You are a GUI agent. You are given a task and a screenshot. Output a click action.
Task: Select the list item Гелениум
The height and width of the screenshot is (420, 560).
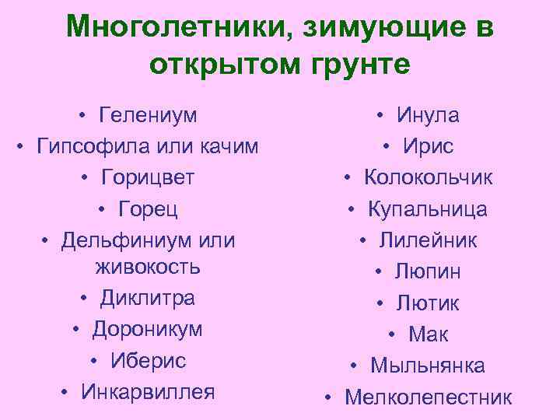coord(148,116)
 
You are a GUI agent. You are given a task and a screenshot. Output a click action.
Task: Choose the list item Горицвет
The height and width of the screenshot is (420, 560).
coord(147,177)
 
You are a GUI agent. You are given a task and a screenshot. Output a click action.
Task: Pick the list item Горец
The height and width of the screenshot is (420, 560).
coord(148,208)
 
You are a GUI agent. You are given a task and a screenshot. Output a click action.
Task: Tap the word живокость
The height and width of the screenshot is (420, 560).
coord(148,267)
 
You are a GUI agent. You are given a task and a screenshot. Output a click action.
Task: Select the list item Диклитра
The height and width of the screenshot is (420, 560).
coord(147,298)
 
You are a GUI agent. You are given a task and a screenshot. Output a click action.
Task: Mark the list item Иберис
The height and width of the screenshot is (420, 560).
coord(148,360)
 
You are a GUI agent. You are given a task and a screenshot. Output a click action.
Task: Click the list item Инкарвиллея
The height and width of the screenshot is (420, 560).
coord(148,391)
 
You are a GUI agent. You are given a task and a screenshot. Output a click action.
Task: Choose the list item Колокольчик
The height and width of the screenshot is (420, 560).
coord(428,177)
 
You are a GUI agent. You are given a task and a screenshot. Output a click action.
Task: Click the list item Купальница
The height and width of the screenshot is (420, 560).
coord(428,208)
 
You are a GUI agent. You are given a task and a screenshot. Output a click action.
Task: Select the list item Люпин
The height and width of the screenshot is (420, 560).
coord(428,271)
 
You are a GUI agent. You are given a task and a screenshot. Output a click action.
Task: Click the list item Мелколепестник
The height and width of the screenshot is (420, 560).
coord(428,397)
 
